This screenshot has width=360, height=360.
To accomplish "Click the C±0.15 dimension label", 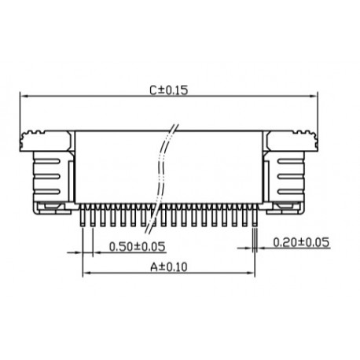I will (168, 90).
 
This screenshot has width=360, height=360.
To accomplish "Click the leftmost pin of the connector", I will (84, 216).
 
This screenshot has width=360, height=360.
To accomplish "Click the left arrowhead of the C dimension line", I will (24, 97).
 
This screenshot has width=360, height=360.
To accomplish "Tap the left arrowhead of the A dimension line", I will (87, 274).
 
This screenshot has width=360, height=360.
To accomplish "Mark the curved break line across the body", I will (163, 169).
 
